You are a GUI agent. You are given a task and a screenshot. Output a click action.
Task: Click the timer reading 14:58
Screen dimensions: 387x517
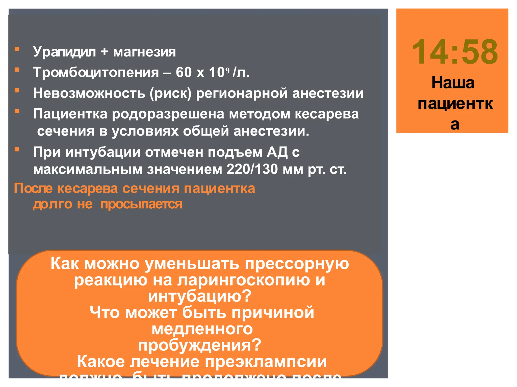455,52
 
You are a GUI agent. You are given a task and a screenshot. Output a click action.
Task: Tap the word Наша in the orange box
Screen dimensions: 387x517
453,83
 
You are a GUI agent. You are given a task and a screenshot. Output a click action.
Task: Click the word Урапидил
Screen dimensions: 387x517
64,52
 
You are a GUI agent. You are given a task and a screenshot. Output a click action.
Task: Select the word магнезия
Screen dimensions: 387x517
144,52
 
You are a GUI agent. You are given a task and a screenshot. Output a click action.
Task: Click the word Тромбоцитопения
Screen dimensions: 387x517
96,73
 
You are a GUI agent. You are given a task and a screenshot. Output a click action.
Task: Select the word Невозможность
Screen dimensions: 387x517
89,93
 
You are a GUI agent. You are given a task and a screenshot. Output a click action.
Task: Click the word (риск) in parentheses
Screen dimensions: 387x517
170,93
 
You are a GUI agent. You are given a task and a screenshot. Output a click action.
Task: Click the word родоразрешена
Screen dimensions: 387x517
168,114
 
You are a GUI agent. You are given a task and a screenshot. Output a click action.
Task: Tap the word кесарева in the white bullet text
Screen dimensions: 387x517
327,114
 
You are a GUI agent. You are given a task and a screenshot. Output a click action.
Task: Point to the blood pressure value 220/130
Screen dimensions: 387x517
252,169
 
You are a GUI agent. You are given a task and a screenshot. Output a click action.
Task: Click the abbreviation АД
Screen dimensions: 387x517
277,152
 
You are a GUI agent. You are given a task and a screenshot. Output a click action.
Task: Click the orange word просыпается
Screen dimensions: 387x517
141,204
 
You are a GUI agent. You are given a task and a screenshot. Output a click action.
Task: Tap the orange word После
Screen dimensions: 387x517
33,188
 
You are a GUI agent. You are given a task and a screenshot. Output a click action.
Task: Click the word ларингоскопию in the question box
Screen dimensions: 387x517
244,280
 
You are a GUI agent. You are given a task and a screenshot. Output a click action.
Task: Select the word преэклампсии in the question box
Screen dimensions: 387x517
266,362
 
